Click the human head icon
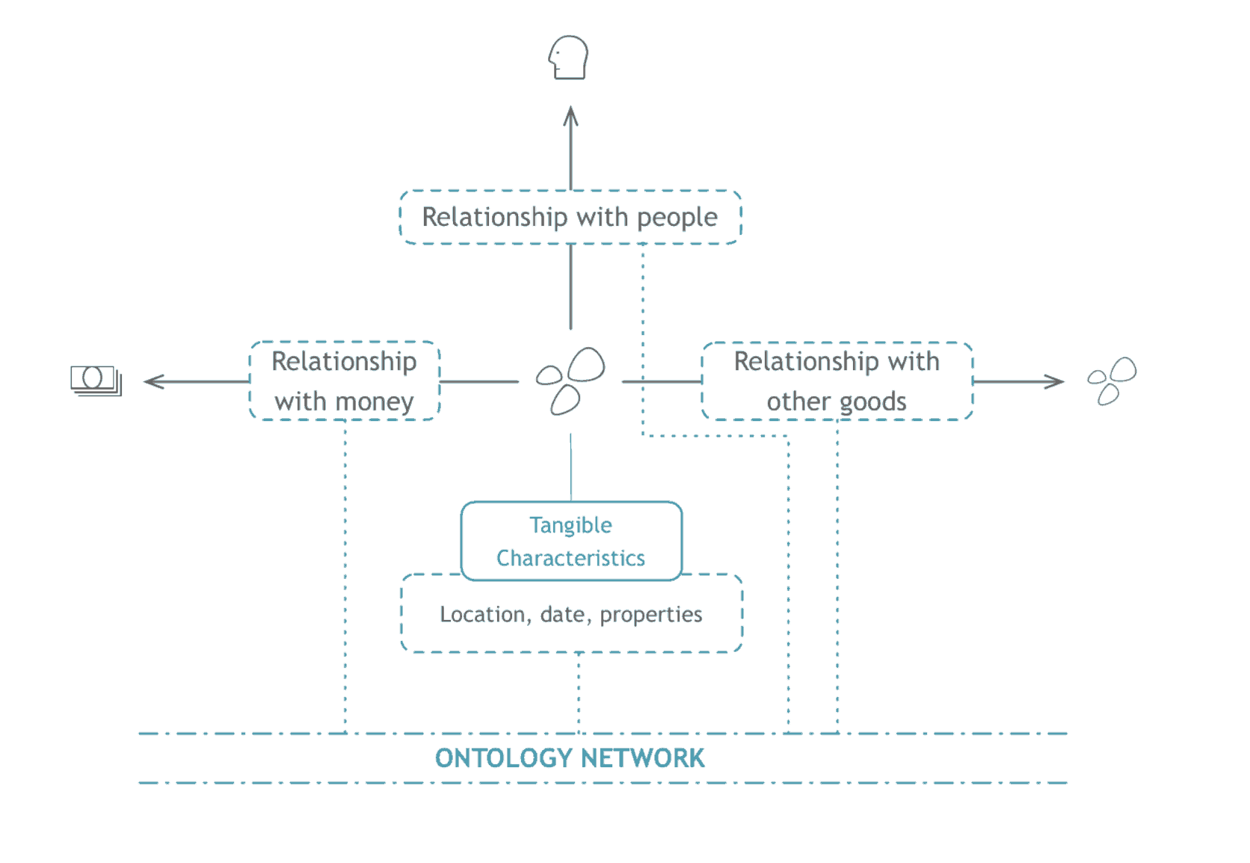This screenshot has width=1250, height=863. click(568, 58)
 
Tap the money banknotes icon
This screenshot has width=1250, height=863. click(96, 381)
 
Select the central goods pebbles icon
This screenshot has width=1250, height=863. click(570, 381)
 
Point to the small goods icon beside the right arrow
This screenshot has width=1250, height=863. click(1112, 381)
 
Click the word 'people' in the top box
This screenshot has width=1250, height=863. click(677, 218)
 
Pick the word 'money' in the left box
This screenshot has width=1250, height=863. click(375, 402)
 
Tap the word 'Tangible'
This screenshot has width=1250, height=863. click(570, 526)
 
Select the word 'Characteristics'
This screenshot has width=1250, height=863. click(570, 558)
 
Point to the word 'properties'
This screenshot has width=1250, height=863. click(650, 615)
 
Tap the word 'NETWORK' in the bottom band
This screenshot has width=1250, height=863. click(642, 758)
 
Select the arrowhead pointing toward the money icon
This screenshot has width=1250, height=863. click(153, 381)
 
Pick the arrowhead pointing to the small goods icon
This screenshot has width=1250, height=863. click(1055, 381)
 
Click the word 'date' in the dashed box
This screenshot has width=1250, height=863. click(562, 615)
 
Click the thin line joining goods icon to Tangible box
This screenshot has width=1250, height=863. click(570, 467)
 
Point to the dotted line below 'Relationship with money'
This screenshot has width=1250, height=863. click(345, 576)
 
